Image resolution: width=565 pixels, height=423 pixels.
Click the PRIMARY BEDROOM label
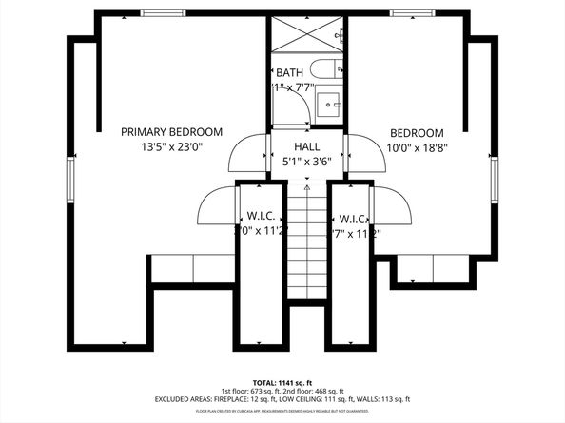point(171,131)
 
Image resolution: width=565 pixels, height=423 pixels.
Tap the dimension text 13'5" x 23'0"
point(171,147)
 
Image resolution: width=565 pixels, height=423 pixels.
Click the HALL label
point(306,146)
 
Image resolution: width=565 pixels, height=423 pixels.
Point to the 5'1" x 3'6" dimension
point(306,162)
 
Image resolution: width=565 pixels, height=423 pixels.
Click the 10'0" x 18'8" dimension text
point(417,147)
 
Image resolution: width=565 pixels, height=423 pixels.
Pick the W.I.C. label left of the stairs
point(262,218)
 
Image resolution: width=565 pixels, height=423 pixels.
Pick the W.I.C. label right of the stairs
point(353,218)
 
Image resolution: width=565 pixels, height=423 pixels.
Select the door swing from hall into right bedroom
point(363,153)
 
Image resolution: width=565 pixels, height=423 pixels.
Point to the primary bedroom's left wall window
point(69,178)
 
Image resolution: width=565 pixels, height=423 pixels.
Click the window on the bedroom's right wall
point(494,181)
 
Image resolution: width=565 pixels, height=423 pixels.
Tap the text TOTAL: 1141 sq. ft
point(282,380)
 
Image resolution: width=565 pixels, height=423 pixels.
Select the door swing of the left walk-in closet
point(217,205)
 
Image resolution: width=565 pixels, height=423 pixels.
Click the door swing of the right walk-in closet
point(391,205)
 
